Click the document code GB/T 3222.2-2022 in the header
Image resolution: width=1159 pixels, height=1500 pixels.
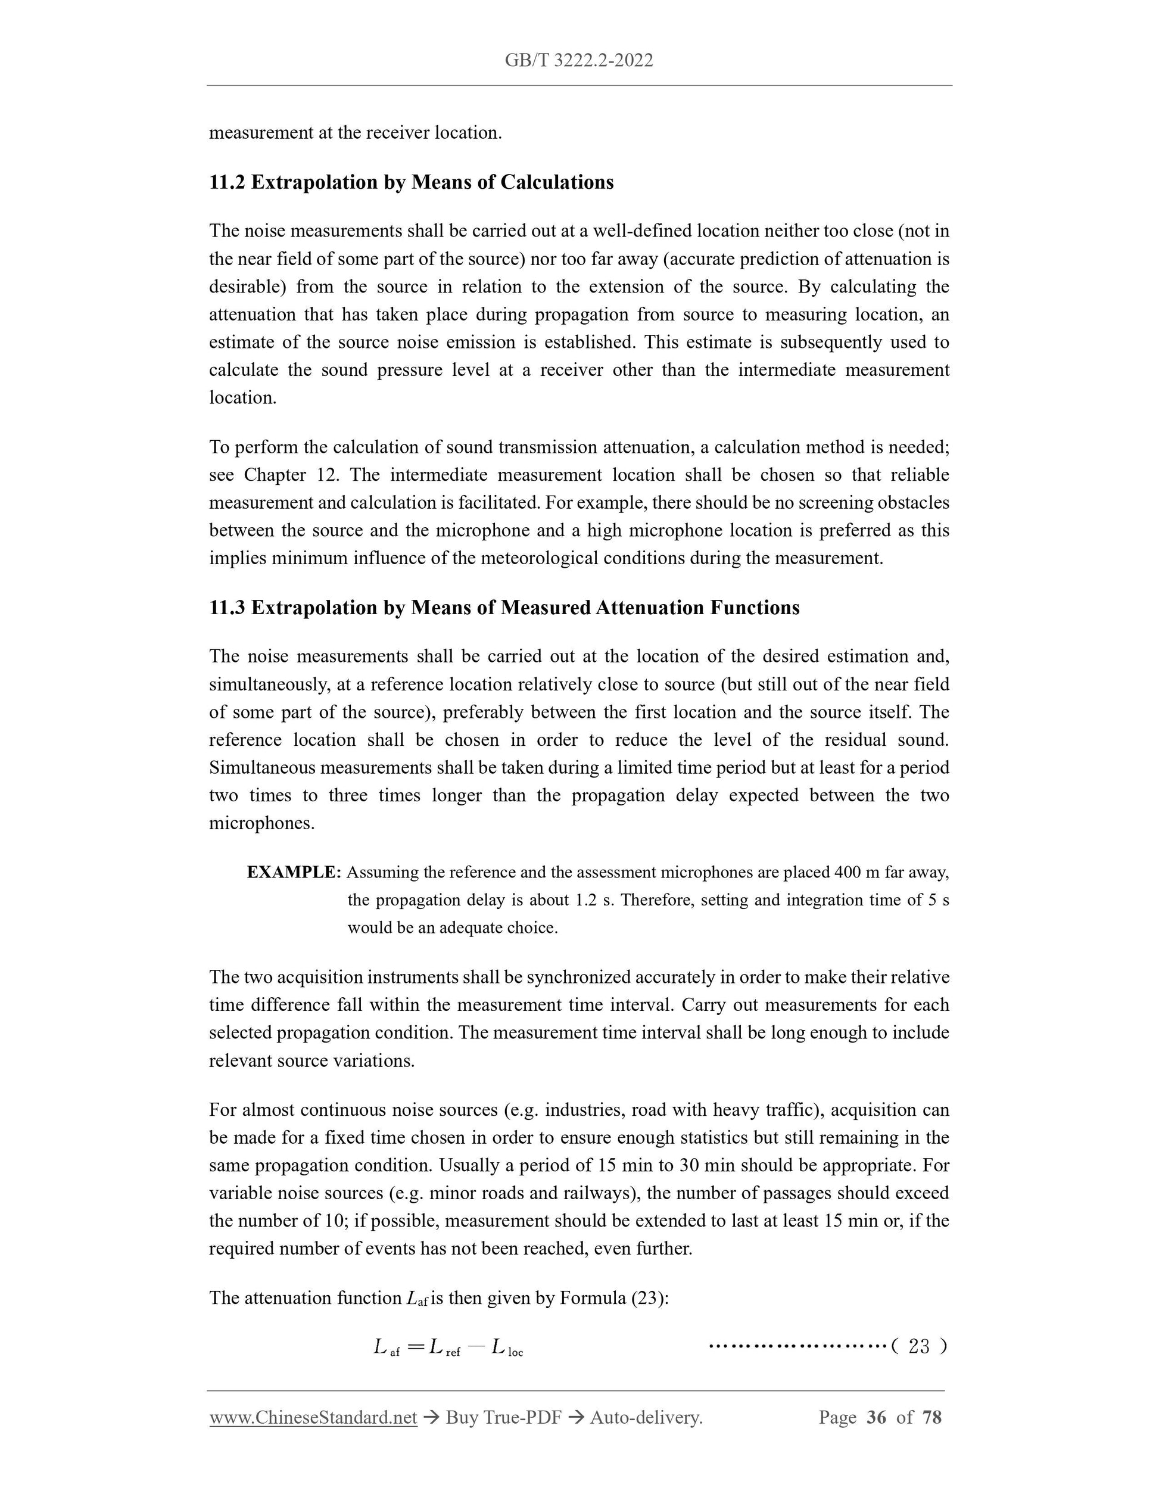coord(579,60)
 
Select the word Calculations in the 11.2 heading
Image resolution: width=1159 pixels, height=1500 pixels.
coord(556,183)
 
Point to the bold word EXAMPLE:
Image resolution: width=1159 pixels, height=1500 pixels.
coord(294,872)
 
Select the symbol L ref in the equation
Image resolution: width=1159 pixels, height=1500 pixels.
coord(444,1347)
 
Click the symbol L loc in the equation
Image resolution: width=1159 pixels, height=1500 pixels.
coord(507,1347)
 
